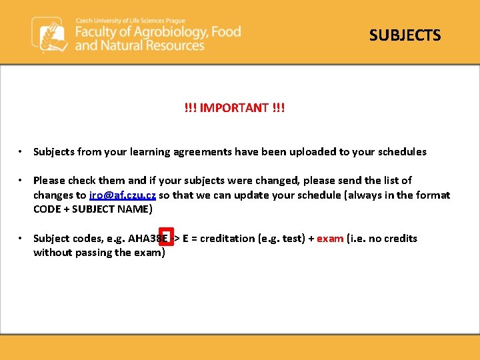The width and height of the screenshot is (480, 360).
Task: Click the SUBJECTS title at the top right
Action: click(405, 35)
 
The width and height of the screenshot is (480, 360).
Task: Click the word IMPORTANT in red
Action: click(234, 107)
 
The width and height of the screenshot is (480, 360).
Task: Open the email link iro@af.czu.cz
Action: click(123, 195)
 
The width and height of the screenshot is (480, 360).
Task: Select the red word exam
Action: click(330, 238)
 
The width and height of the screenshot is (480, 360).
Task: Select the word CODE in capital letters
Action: click(47, 209)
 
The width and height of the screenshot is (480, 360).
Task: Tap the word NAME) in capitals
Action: click(137, 209)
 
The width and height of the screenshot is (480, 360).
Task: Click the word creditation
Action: click(226, 238)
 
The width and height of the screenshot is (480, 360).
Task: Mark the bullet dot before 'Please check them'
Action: click(22, 181)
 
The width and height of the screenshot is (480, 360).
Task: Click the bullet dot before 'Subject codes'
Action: click(22, 239)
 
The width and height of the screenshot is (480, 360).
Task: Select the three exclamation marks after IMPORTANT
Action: click(279, 107)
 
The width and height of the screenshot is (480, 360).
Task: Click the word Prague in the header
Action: click(173, 20)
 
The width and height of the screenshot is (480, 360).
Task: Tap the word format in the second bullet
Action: click(434, 195)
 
